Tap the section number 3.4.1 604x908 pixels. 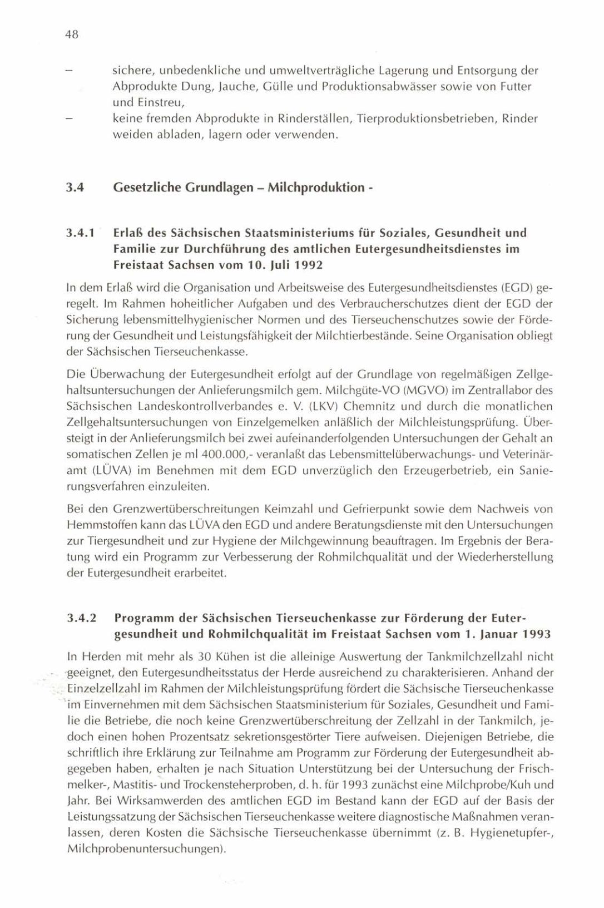(x=81, y=233)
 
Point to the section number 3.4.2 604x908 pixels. (x=81, y=618)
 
